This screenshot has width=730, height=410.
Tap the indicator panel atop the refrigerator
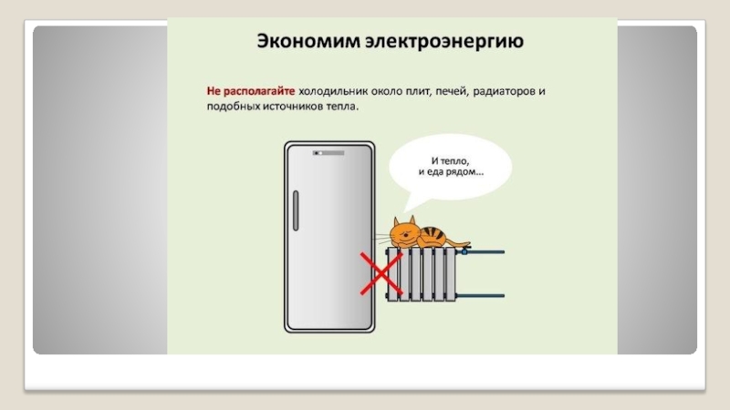[x=327, y=152]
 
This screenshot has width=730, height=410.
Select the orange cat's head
[x=402, y=232]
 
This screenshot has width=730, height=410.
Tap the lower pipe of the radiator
[x=484, y=294]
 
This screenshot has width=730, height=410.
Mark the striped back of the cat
[x=435, y=236]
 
